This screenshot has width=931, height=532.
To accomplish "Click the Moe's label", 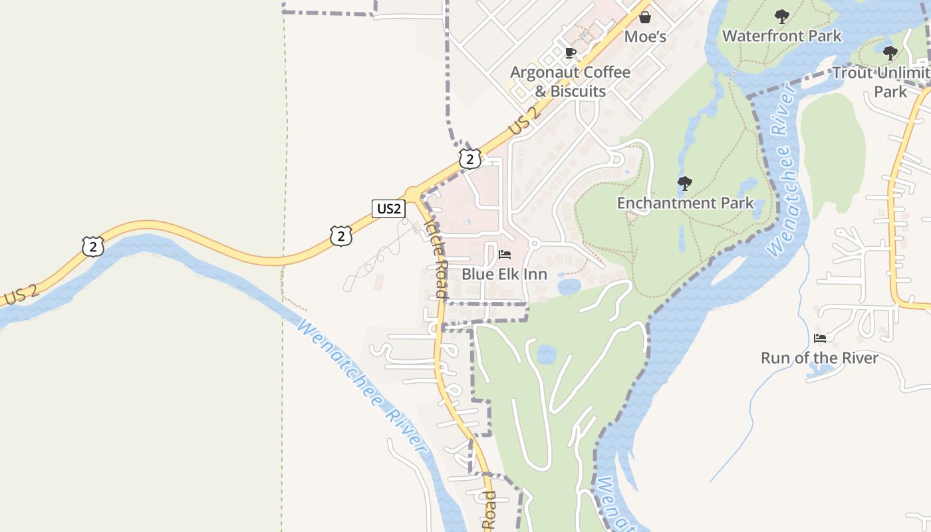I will tap(644, 37).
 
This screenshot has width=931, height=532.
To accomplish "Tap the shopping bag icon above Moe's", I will tap(644, 17).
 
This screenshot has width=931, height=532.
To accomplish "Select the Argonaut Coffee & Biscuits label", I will tap(570, 81).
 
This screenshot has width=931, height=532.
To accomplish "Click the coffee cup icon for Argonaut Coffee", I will tap(570, 53).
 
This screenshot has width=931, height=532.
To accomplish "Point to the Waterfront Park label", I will tap(781, 36).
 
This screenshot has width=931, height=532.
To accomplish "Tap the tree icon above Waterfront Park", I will tap(782, 16).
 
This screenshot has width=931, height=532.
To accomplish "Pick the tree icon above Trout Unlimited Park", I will tap(890, 53).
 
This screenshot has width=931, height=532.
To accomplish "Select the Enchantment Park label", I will tap(685, 203).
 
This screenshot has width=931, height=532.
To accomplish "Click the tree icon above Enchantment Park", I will tap(684, 183).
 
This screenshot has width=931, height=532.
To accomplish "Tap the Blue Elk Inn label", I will tap(504, 274).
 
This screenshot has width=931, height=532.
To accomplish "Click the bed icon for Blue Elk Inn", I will tap(505, 254).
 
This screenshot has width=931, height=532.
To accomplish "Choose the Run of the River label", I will tap(819, 358).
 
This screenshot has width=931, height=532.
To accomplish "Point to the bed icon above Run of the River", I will tap(819, 338).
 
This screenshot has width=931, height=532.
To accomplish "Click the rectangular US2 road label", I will tap(388, 209).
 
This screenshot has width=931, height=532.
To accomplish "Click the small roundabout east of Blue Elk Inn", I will tap(534, 244).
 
